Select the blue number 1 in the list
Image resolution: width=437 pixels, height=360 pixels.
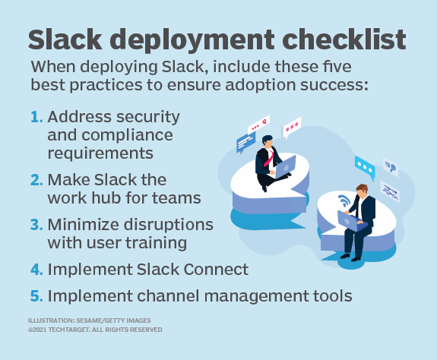36,117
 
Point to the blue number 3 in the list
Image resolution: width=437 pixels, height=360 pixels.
36,225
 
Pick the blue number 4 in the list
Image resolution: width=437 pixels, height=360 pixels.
36,269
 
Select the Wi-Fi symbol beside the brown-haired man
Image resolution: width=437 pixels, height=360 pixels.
344,204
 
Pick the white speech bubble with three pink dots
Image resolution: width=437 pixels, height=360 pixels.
293,128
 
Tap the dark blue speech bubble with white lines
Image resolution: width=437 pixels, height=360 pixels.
245,141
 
